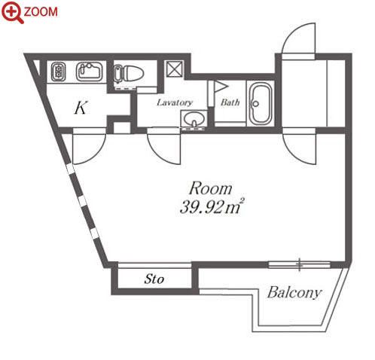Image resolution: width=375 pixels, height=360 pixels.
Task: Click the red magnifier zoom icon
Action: [13, 12]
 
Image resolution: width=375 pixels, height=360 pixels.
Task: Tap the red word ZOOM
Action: [41, 12]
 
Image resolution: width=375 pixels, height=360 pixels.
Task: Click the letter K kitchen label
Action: [81, 108]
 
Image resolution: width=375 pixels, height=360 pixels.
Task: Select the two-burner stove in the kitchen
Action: [59, 72]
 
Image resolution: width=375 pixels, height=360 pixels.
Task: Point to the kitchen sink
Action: [90, 72]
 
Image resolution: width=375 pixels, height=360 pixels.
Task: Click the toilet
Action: [128, 74]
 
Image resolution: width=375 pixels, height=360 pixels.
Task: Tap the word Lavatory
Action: [175, 102]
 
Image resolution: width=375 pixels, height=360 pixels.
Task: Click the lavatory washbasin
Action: [194, 119]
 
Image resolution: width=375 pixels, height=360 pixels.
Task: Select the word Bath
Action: [230, 102]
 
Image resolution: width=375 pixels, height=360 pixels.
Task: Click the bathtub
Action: [261, 104]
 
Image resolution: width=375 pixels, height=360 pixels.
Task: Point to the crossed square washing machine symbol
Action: [175, 69]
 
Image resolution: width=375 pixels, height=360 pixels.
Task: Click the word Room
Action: [210, 188]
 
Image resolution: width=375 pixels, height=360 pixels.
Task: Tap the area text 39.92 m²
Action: [212, 206]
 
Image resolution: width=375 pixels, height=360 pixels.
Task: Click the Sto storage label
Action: [154, 279]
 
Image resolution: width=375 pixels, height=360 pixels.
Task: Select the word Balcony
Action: [294, 292]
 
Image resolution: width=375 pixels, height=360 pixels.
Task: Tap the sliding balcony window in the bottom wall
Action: [300, 264]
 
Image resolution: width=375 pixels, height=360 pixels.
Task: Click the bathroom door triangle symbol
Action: [221, 87]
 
